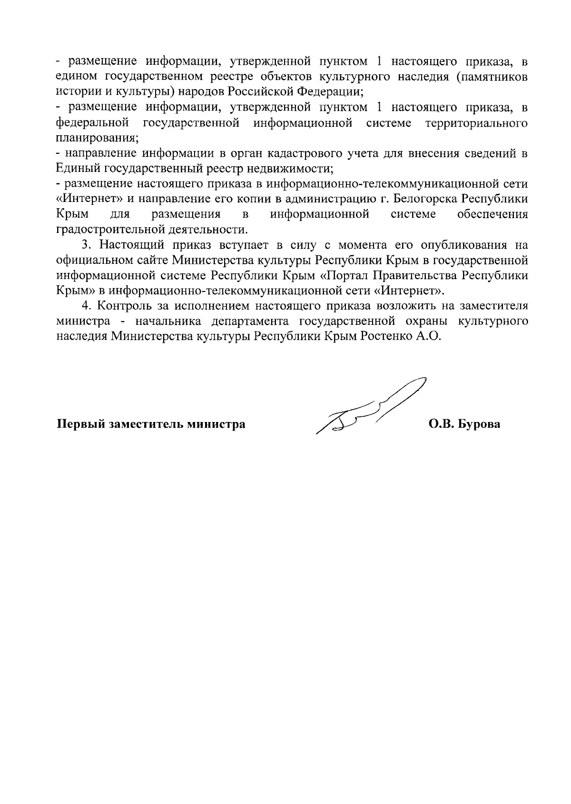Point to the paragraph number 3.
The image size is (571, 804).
pos(86,245)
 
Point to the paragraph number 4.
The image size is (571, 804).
pos(86,306)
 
